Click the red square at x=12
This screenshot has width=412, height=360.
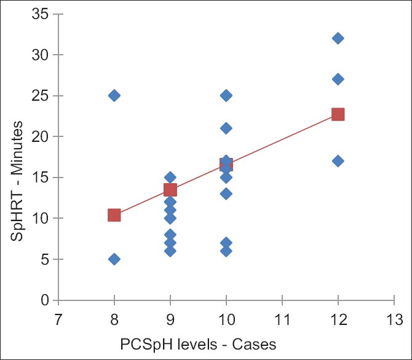(338, 114)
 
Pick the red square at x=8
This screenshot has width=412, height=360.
(114, 215)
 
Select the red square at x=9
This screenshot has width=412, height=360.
(170, 190)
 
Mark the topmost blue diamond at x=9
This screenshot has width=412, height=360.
(170, 178)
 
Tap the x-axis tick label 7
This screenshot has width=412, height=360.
(58, 319)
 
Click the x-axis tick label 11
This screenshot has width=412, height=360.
(282, 319)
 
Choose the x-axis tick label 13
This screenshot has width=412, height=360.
(394, 319)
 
